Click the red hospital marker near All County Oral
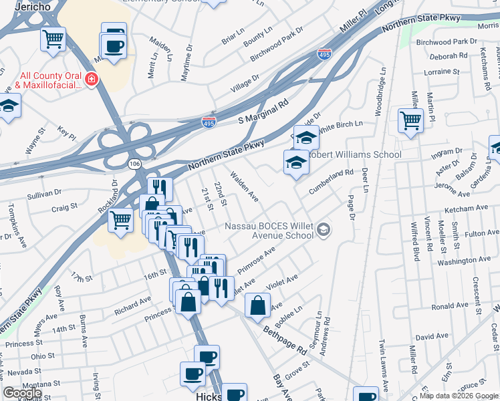[91, 81]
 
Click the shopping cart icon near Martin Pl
[410, 121]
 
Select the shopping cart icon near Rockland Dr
[120, 219]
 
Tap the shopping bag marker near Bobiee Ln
[258, 305]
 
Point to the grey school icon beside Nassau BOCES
[324, 231]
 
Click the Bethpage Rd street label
[284, 340]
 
